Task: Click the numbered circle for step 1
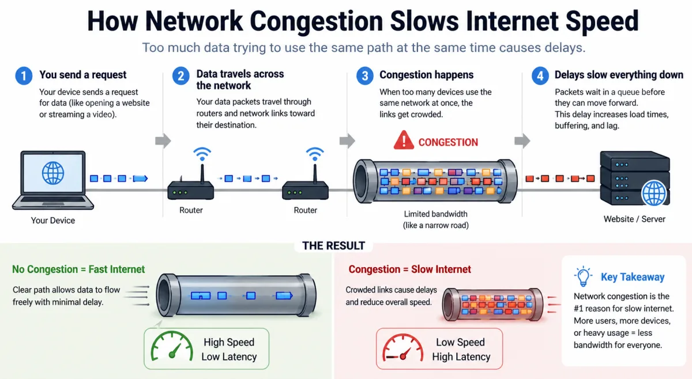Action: coord(24,75)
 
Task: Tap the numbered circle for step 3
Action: coord(364,75)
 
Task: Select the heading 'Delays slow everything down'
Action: coord(618,75)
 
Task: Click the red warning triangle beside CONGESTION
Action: coord(404,141)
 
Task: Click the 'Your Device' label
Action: coord(53,220)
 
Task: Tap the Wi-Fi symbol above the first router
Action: coord(201,154)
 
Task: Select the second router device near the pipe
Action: coord(305,189)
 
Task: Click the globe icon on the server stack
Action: coord(655,192)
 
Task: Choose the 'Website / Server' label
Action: coord(634,219)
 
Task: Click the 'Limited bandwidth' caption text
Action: coord(435,214)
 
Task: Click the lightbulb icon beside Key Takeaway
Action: coord(583,276)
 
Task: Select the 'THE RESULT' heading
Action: coord(333,245)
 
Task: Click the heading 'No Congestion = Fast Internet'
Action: coord(78,270)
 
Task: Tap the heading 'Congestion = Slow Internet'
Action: coord(409,270)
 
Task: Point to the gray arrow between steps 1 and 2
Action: coord(163,141)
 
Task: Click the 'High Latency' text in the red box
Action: coord(461,357)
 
